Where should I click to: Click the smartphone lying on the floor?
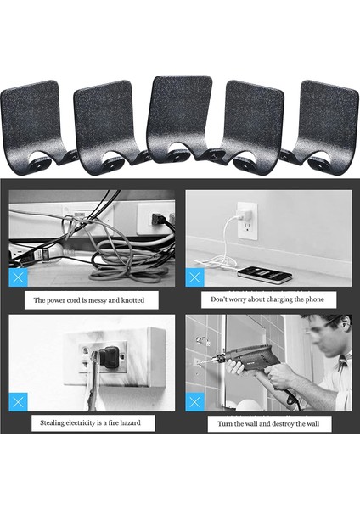tap(264, 275)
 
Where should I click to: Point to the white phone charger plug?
tap(244, 214)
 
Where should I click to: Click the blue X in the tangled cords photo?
tap(18, 277)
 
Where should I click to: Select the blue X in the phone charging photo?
tap(194, 277)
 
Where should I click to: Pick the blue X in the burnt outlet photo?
tap(18, 402)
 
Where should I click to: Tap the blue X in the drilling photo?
tap(194, 402)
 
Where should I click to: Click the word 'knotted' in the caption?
tap(132, 300)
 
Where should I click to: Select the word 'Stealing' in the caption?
tap(52, 423)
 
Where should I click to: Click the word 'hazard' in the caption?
tap(130, 422)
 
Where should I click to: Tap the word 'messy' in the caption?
tap(98, 300)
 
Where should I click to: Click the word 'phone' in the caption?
tap(315, 299)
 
